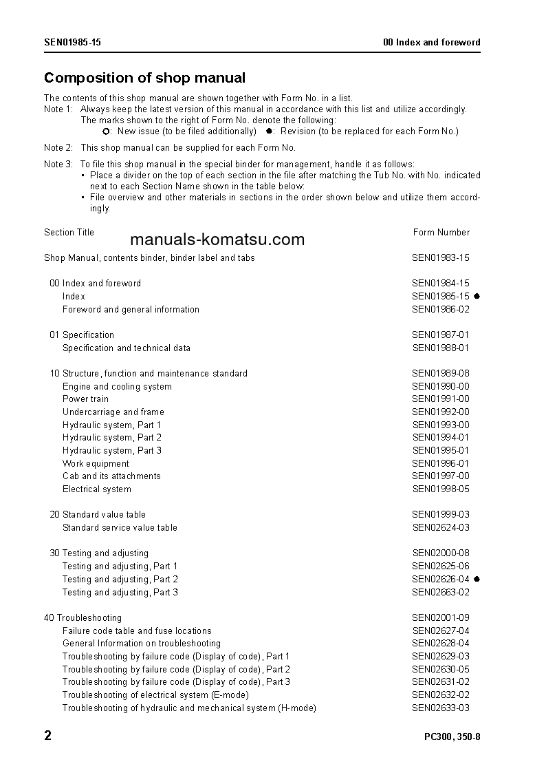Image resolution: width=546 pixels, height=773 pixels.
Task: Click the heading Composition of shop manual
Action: tap(144, 78)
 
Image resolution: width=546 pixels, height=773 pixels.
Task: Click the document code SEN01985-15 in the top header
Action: tap(72, 43)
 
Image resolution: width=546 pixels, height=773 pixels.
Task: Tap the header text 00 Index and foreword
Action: tap(431, 43)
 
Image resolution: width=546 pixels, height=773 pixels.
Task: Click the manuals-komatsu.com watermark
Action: tap(217, 240)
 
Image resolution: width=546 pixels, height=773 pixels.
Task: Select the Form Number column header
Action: tap(441, 233)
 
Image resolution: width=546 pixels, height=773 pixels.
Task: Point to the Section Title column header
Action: tap(69, 233)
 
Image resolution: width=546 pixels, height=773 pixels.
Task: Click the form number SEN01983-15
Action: tap(440, 258)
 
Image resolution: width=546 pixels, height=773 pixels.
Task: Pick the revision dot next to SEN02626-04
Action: tap(477, 580)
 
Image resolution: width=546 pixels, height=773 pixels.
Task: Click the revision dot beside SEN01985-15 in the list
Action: tap(477, 297)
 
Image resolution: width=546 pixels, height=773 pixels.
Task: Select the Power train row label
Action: tap(85, 399)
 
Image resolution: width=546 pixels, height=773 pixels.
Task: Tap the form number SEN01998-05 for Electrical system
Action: tap(440, 489)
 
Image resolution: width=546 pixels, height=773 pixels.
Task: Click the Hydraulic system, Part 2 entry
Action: tap(112, 438)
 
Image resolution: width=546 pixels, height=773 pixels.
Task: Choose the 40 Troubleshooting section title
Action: tap(83, 618)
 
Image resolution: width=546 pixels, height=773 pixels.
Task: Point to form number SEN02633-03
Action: tap(440, 708)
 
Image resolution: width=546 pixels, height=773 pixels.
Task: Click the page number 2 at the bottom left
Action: tap(47, 736)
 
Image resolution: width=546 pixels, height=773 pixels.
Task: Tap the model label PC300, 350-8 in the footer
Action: tap(452, 737)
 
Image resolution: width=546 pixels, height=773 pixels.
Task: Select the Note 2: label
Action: tap(58, 148)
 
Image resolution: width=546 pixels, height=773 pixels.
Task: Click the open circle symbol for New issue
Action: tap(106, 131)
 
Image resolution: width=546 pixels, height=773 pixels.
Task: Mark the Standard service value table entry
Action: tap(120, 528)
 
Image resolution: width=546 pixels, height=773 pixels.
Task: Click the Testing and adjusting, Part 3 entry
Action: tap(120, 593)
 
